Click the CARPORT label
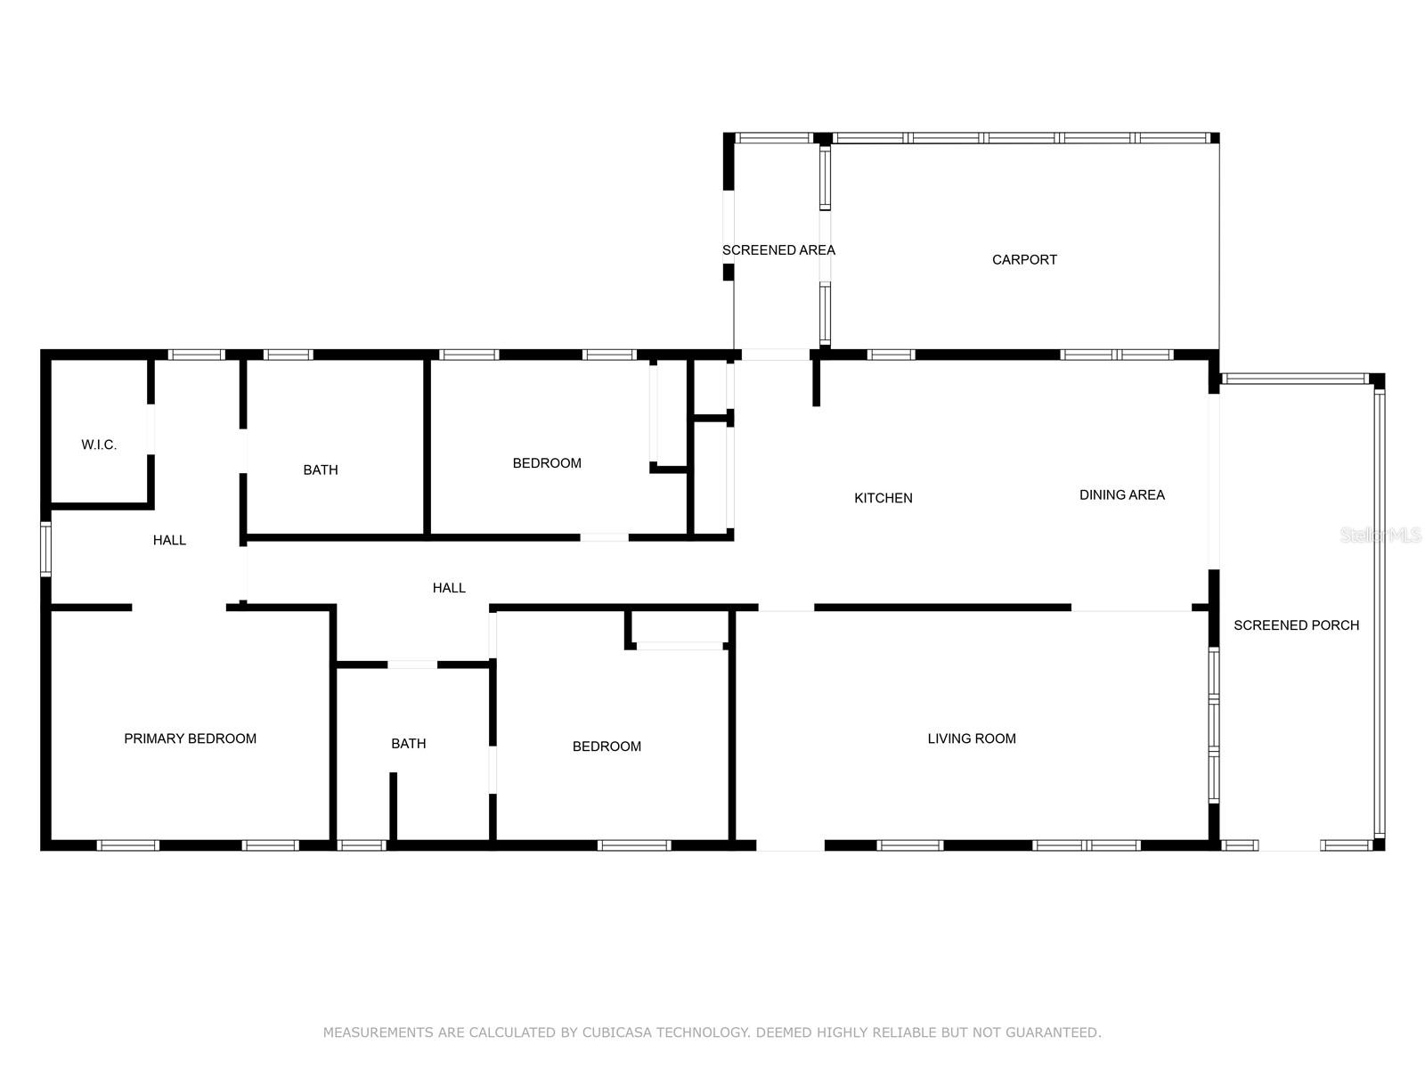click(x=1024, y=259)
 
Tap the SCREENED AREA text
click(x=778, y=250)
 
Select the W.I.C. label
click(x=99, y=445)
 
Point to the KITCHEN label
click(x=883, y=498)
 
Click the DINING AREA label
click(x=1122, y=494)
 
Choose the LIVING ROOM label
click(x=971, y=738)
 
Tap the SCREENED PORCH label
click(x=1296, y=625)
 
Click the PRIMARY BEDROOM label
click(x=190, y=738)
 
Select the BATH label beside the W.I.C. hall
click(x=320, y=470)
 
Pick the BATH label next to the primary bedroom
click(x=408, y=743)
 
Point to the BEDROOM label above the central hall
click(x=547, y=462)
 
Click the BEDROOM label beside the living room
click(x=607, y=747)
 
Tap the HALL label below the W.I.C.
click(x=169, y=540)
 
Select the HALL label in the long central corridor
click(x=449, y=587)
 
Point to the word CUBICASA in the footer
click(x=616, y=1032)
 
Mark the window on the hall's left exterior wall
click(x=46, y=549)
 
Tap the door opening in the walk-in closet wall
click(x=151, y=429)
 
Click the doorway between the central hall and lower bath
click(x=412, y=664)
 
